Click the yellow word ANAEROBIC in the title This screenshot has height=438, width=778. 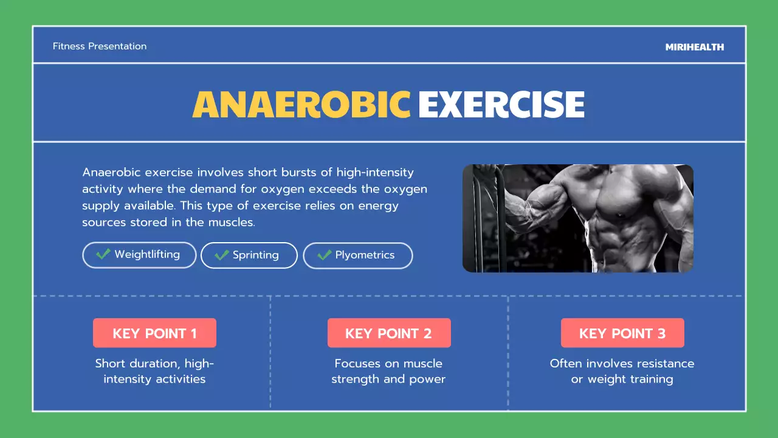301,105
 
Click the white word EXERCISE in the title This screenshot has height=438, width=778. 501,105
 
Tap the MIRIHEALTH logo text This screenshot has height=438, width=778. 695,47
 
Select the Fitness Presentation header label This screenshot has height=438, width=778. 100,46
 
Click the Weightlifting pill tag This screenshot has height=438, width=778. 139,255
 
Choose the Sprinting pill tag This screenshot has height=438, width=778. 249,255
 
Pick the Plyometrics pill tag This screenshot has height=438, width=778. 357,255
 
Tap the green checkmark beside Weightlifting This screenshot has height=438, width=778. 103,254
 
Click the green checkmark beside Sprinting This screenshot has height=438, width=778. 222,255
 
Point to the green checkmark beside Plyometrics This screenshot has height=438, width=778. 325,255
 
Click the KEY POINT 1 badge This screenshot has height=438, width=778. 154,333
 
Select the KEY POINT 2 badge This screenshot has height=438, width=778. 388,333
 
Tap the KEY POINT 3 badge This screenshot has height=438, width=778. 622,333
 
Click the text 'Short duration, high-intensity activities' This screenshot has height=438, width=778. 154,371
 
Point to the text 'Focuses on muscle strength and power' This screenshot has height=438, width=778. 388,371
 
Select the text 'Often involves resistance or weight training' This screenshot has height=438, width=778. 622,371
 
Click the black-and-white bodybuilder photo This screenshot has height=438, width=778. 577,218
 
